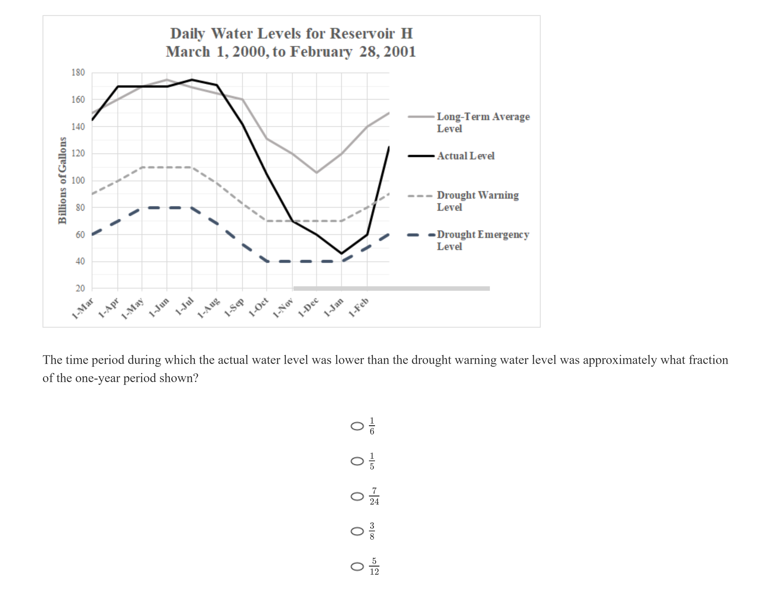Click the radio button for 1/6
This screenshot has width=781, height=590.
tap(357, 426)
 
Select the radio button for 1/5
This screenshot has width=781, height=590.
tap(357, 461)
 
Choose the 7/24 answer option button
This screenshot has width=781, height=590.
tap(357, 497)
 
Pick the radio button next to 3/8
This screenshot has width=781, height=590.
tap(357, 531)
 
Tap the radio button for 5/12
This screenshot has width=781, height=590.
tap(357, 567)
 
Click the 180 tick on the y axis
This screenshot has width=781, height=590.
tap(78, 72)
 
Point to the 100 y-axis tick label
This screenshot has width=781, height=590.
tap(78, 181)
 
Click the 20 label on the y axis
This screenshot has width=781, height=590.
tap(80, 288)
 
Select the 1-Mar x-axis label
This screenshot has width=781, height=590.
tap(83, 308)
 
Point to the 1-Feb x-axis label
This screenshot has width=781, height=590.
tap(359, 307)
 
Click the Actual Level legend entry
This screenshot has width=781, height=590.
tap(465, 156)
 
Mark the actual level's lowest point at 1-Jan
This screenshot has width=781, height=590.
tap(342, 253)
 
